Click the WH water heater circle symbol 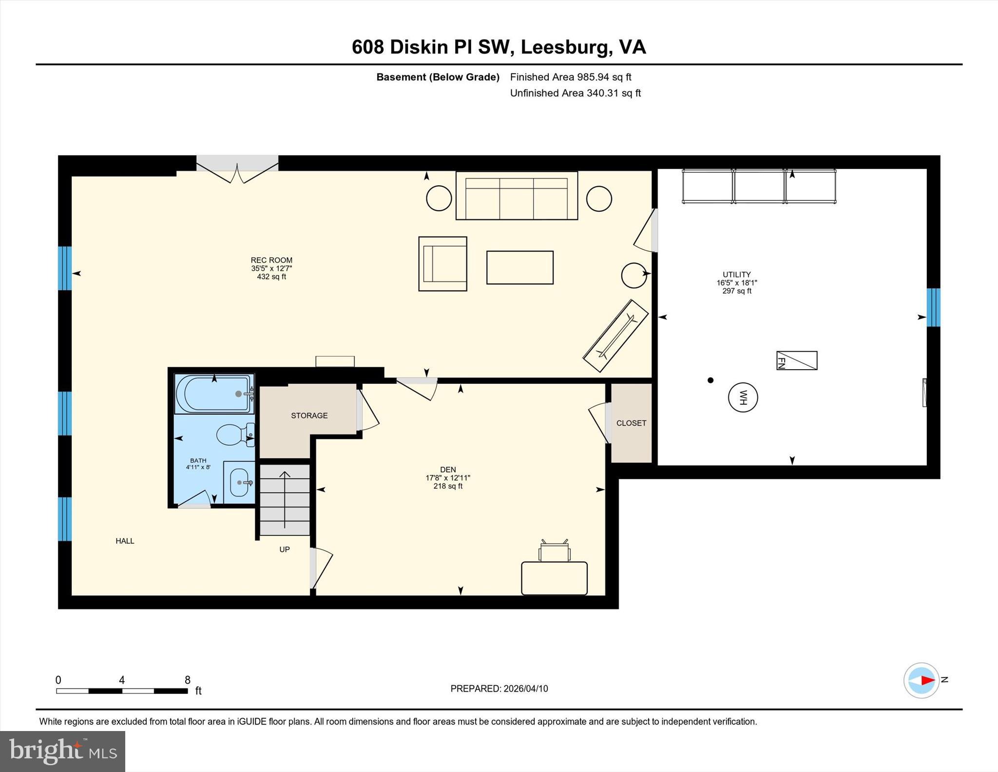click(x=743, y=397)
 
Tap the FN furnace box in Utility click(x=796, y=360)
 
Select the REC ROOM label click(x=271, y=260)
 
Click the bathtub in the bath click(x=214, y=394)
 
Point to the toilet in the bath click(x=233, y=434)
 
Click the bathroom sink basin click(x=239, y=483)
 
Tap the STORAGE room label click(x=309, y=416)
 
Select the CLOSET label click(x=631, y=423)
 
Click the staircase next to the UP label click(x=285, y=499)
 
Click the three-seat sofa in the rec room click(x=517, y=196)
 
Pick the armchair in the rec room click(x=442, y=264)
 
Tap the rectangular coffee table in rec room click(x=519, y=267)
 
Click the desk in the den click(x=554, y=578)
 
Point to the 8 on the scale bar click(x=188, y=680)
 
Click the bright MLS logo click(x=62, y=751)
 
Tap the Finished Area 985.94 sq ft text click(x=570, y=77)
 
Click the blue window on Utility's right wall click(x=933, y=307)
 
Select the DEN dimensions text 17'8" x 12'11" click(x=447, y=478)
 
